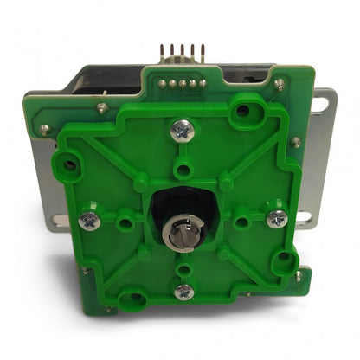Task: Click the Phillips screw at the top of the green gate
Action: (183, 131)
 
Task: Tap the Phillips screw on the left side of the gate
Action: (89, 221)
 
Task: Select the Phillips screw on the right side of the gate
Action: (277, 218)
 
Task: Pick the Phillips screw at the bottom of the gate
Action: (183, 292)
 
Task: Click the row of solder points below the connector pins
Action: (183, 84)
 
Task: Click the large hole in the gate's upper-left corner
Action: (67, 162)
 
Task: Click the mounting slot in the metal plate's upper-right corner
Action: (320, 105)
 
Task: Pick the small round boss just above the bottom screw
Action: (183, 270)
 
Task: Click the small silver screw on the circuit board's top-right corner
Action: (279, 85)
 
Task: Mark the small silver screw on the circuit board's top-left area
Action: (102, 108)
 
